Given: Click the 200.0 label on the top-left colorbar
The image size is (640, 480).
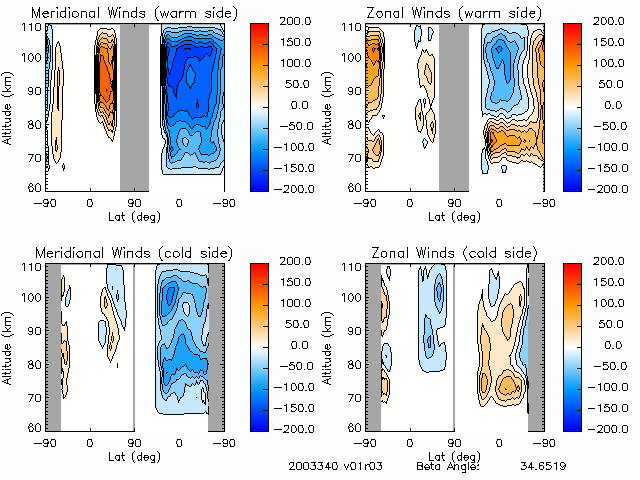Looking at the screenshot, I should point(295,20).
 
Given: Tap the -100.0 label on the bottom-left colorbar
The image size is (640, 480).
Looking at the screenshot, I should point(295,386).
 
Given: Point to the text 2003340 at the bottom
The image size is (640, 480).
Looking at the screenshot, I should point(309,466).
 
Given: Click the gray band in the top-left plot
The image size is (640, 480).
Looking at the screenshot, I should point(134,106).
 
